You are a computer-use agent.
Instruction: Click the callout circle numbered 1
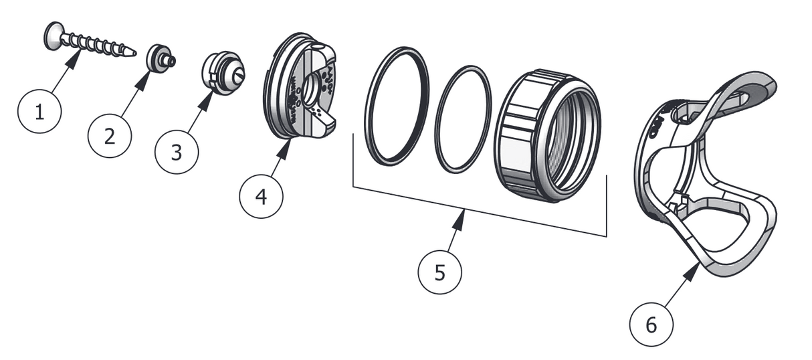[x=39, y=112]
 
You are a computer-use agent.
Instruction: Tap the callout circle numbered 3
[x=176, y=152]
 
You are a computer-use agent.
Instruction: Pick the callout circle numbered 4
[x=261, y=196]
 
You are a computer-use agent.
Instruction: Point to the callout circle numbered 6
[x=651, y=325]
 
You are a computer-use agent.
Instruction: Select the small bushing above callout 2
[x=161, y=58]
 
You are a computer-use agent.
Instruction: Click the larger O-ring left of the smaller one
[x=399, y=105]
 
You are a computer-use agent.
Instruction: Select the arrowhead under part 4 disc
[x=286, y=146]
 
